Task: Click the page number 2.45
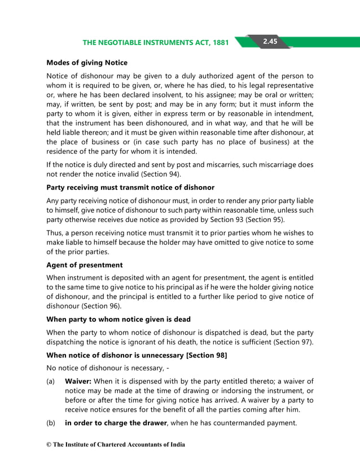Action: click(x=269, y=42)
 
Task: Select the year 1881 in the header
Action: click(x=218, y=43)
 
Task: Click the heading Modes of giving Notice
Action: click(x=86, y=63)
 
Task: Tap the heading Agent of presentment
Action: click(x=84, y=265)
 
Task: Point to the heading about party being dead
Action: click(x=118, y=319)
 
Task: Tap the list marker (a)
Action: click(x=51, y=381)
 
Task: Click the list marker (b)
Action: click(x=51, y=423)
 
